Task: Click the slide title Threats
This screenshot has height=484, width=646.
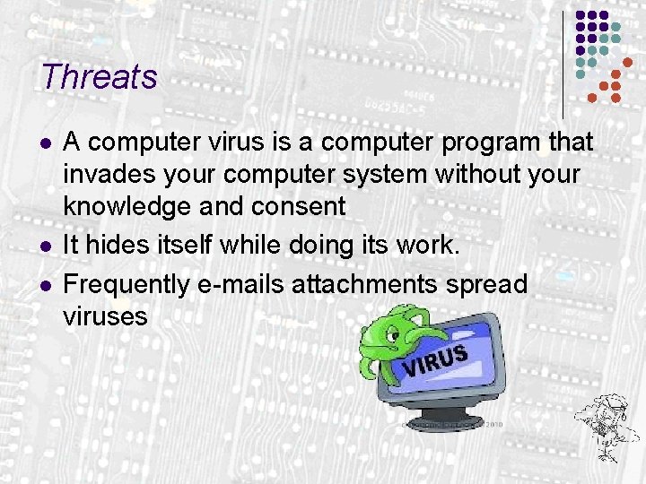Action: point(99,77)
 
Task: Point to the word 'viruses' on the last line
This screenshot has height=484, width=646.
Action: point(106,316)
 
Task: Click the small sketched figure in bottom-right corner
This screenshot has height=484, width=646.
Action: point(605,420)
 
